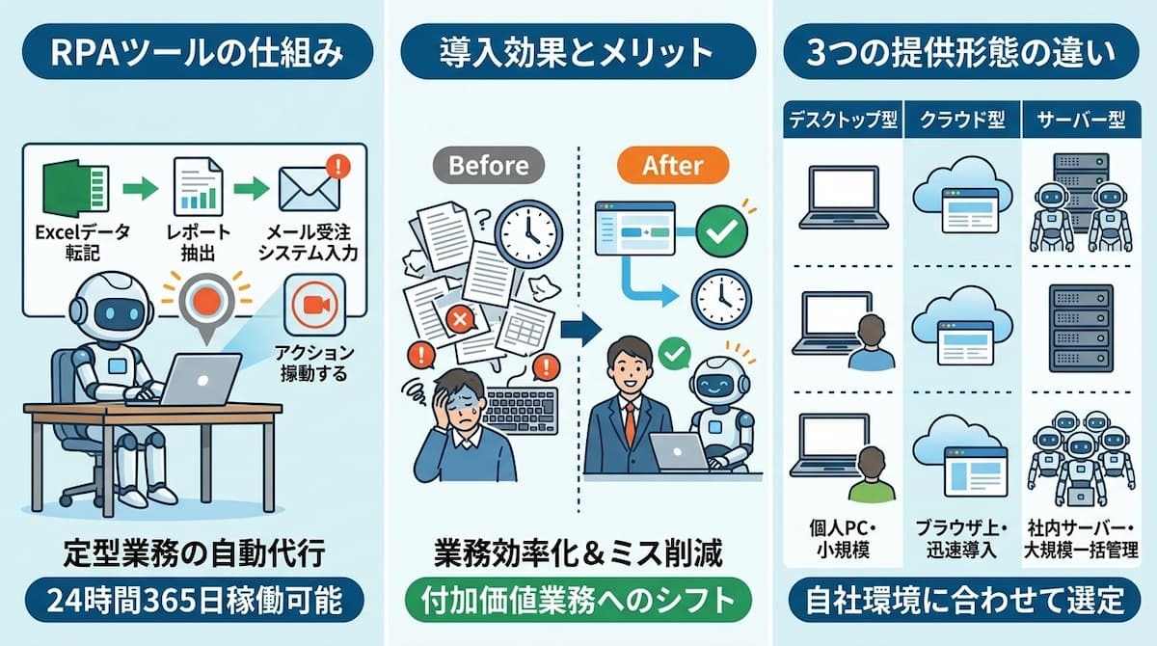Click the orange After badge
(673, 165)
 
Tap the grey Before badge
(488, 165)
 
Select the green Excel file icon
(75, 188)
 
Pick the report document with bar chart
(199, 187)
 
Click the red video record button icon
(314, 305)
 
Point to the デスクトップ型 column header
(843, 120)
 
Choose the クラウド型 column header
(962, 120)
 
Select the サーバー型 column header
(1081, 120)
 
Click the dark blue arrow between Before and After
(580, 329)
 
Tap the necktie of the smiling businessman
(631, 423)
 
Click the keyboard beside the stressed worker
(521, 410)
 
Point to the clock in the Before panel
(528, 234)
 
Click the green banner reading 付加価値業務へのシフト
(578, 600)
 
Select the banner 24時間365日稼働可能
(194, 600)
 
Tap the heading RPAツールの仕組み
(198, 52)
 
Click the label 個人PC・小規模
(843, 539)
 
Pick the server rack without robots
(1081, 329)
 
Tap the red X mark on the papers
(460, 320)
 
